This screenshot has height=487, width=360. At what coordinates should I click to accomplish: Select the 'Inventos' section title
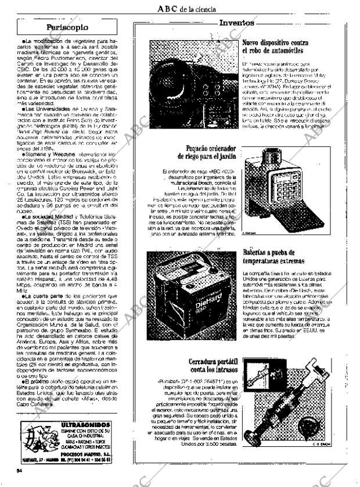(236, 23)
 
